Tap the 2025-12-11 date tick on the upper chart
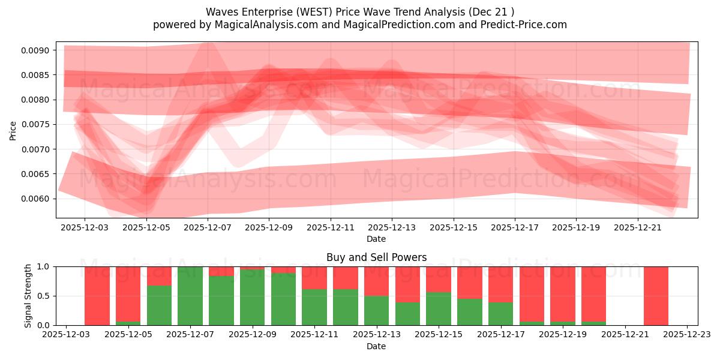point(331,228)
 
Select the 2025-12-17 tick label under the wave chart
point(515,228)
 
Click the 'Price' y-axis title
point(13,130)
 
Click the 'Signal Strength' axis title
point(28,296)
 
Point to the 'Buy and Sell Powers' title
point(376,257)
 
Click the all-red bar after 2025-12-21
point(656,296)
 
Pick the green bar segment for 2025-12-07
point(190,296)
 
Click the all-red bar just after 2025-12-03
point(97,296)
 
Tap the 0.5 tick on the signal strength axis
point(46,296)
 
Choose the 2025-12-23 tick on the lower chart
point(687,335)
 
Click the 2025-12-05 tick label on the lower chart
point(128,335)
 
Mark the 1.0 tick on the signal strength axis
point(46,266)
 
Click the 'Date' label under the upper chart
point(376,239)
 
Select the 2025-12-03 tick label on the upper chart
point(85,228)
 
